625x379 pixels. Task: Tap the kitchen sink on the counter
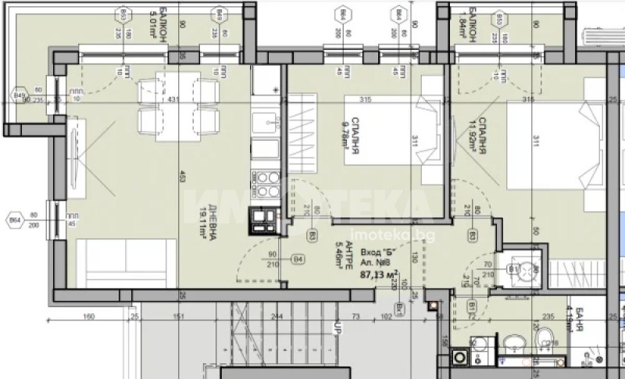tap(266, 121)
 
